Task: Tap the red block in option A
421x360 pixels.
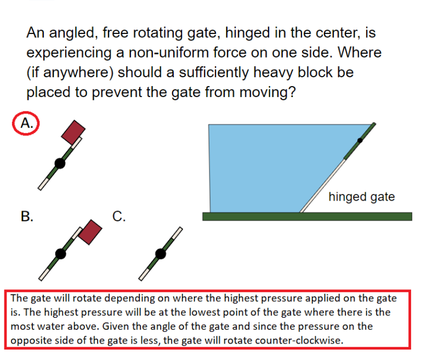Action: [73, 132]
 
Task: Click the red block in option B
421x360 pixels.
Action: [90, 232]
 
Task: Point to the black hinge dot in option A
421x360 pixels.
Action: [59, 163]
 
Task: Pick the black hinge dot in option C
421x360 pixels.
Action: [160, 253]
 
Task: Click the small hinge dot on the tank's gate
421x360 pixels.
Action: [360, 140]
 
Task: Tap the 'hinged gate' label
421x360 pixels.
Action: [361, 197]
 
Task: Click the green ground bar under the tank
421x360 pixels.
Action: [307, 216]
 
